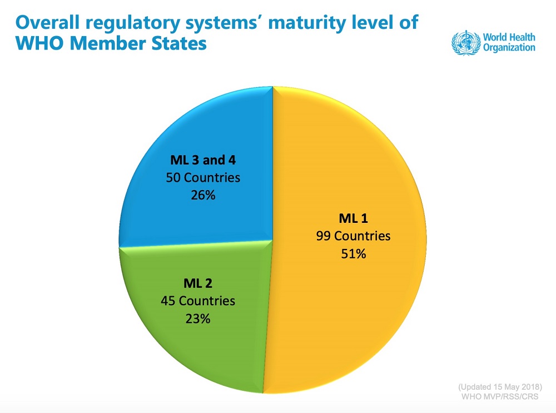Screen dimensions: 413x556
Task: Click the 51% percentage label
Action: point(354,254)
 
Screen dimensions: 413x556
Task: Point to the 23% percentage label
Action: point(198,319)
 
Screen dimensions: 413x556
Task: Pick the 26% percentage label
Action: point(203,196)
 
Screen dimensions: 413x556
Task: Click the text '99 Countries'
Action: point(353,236)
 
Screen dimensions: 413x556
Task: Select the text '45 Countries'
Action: point(198,301)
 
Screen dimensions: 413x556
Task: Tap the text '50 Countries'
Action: point(203,178)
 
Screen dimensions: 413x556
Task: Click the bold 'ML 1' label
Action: point(353,217)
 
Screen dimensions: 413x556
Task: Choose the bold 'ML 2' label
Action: point(197,283)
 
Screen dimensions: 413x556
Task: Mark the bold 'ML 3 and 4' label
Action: point(203,160)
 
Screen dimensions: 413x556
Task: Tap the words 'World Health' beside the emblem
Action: point(509,37)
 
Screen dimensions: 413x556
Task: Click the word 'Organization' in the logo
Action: point(509,48)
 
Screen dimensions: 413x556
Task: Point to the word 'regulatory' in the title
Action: point(120,24)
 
